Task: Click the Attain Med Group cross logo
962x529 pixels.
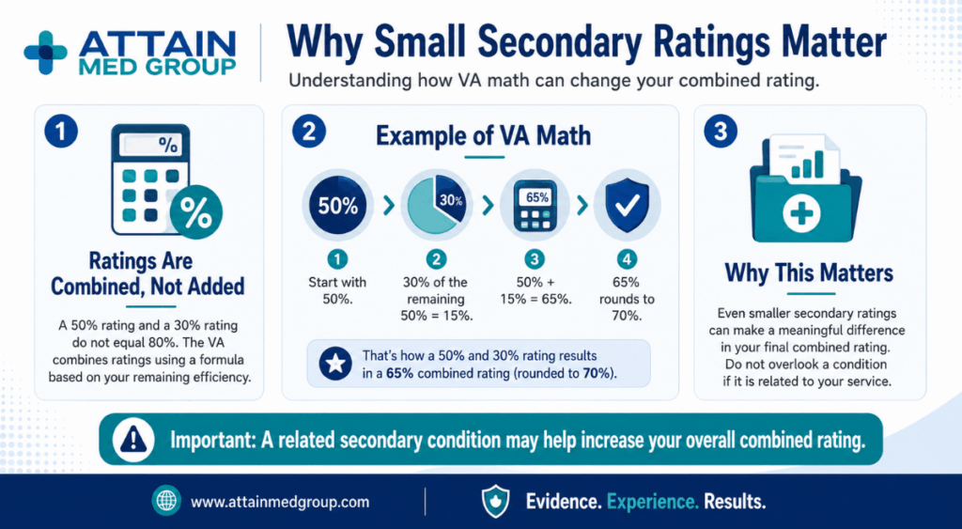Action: pyautogui.click(x=45, y=53)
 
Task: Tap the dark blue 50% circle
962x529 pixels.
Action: pyautogui.click(x=337, y=206)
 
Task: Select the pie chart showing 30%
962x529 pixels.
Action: pyautogui.click(x=436, y=206)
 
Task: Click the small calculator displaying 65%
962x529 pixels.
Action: pyautogui.click(x=535, y=206)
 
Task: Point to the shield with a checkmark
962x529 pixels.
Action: pyautogui.click(x=627, y=206)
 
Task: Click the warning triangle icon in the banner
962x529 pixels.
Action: pyautogui.click(x=133, y=440)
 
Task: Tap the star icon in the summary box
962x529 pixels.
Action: pyautogui.click(x=335, y=364)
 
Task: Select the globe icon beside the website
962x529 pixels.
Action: pyautogui.click(x=166, y=501)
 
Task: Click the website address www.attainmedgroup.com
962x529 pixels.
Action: pyautogui.click(x=280, y=502)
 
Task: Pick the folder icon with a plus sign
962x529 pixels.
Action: pyautogui.click(x=805, y=190)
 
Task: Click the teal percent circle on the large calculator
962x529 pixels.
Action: pyautogui.click(x=195, y=213)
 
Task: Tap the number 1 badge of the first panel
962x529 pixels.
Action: pyautogui.click(x=61, y=132)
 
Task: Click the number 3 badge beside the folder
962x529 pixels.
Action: pyautogui.click(x=721, y=132)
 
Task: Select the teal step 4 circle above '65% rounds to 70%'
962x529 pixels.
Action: pyautogui.click(x=627, y=259)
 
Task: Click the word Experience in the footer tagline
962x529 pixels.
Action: pyautogui.click(x=653, y=502)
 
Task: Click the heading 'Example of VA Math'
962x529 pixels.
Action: pyautogui.click(x=484, y=135)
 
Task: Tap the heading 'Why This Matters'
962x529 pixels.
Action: pyautogui.click(x=809, y=272)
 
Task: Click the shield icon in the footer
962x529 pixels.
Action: pyautogui.click(x=495, y=501)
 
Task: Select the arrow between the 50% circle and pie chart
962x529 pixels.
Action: pyautogui.click(x=388, y=206)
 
